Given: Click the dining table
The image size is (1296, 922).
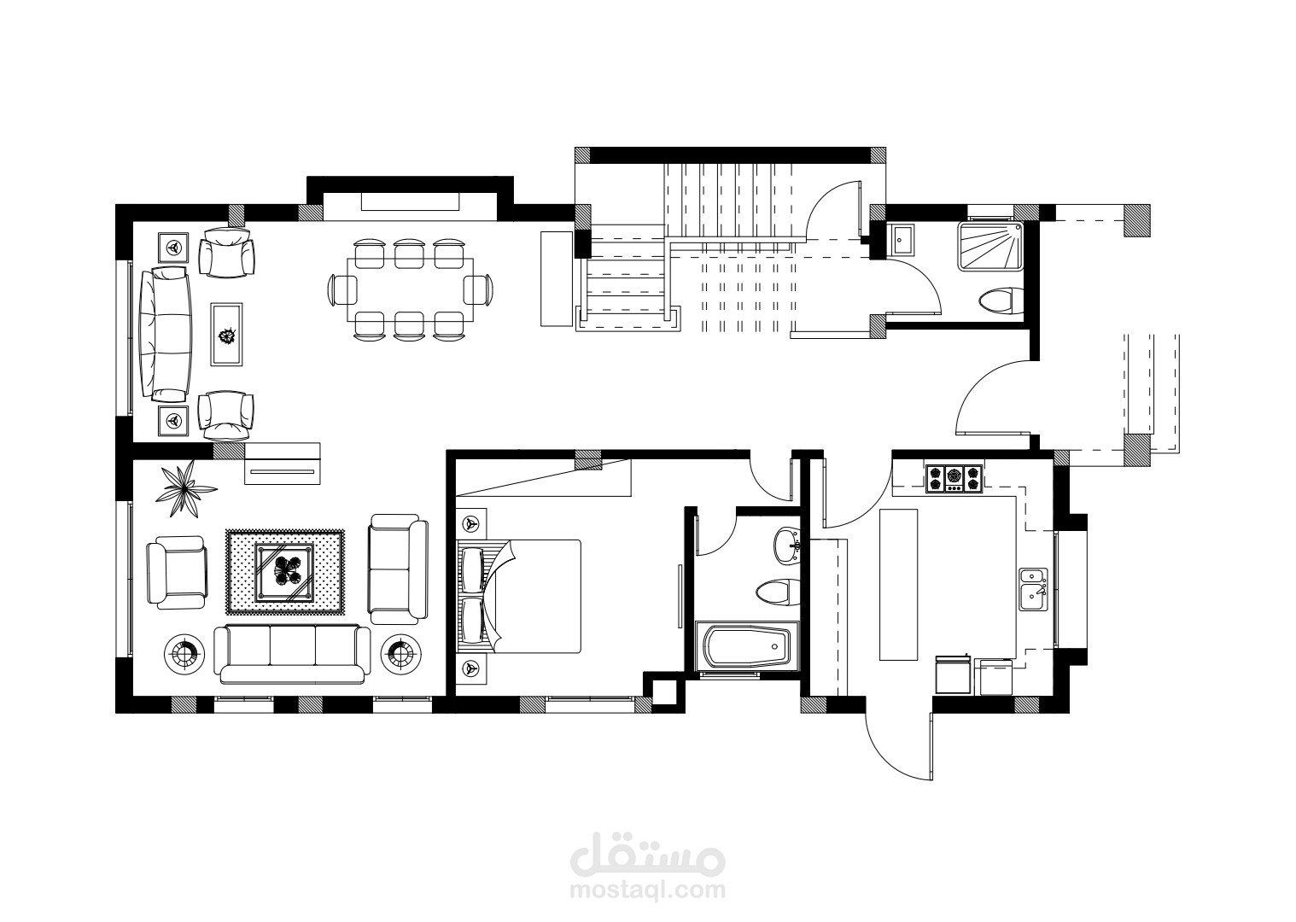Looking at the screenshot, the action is [410, 289].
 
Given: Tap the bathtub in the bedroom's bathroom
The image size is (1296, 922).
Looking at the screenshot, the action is [747, 646].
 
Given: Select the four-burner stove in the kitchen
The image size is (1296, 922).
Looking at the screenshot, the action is [954, 479].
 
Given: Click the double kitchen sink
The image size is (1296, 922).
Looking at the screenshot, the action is [1033, 589].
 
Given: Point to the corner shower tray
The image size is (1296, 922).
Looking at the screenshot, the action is [990, 246].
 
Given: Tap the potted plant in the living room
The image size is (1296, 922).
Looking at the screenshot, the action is [186, 489].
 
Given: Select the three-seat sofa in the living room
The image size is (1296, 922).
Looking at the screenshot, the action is [292, 654].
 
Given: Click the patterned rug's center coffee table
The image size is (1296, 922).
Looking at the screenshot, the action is [285, 573].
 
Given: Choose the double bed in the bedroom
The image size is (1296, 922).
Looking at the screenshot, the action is [519, 597].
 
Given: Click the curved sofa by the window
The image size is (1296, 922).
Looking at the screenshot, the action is [166, 335].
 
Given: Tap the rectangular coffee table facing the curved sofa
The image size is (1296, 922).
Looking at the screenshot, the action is [226, 334].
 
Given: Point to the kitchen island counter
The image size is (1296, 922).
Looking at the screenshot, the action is [898, 584].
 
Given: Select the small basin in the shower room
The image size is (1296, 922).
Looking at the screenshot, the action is [902, 238].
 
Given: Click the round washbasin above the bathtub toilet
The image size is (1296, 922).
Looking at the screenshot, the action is [787, 545].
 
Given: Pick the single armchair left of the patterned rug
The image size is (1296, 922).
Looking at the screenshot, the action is [177, 572].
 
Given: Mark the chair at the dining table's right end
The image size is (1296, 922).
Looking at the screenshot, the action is [479, 289].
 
